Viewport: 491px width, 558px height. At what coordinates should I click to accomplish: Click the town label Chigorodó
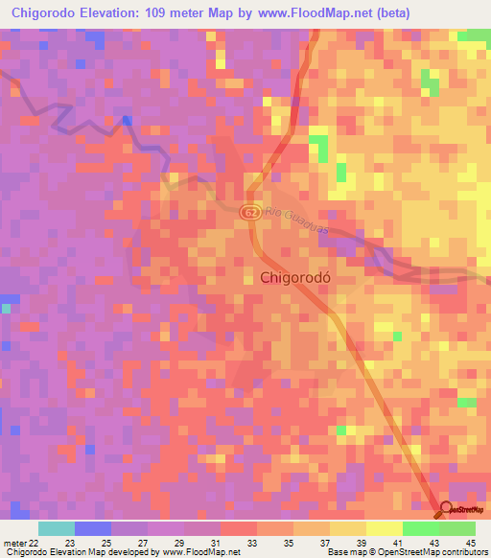[300, 277]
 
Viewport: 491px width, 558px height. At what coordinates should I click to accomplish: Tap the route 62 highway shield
[250, 212]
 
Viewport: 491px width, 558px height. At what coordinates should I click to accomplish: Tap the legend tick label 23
[68, 544]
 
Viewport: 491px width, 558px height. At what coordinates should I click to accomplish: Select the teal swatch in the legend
[57, 528]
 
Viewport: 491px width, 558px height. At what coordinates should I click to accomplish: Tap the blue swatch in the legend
[93, 528]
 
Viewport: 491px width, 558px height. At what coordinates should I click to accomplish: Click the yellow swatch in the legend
[385, 528]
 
